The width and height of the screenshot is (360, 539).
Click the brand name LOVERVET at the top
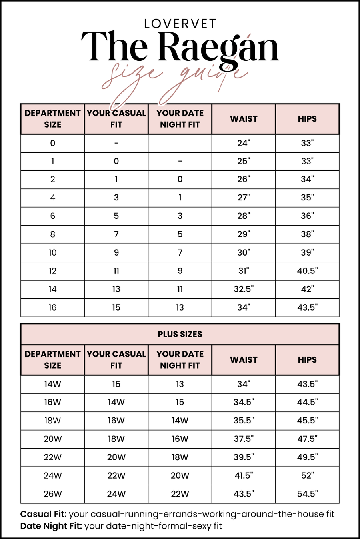click(180, 24)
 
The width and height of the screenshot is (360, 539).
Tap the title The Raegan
click(180, 47)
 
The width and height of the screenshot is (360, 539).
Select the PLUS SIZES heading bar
click(180, 334)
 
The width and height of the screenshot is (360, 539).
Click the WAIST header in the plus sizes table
click(244, 360)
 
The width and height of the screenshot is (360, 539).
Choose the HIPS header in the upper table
click(307, 119)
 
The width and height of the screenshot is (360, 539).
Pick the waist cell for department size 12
click(244, 271)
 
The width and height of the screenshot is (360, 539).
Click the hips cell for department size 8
click(307, 234)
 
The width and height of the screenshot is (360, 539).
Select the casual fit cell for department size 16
click(116, 307)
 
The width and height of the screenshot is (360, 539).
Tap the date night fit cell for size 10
click(180, 252)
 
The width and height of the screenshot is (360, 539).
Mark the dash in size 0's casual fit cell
click(116, 143)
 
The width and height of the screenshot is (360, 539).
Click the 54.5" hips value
click(307, 494)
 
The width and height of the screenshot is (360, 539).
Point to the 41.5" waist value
click(244, 475)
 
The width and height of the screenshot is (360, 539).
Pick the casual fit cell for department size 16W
click(116, 402)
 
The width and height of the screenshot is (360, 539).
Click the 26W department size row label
click(52, 494)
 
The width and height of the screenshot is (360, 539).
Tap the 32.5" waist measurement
click(244, 289)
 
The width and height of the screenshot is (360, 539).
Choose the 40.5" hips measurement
click(307, 271)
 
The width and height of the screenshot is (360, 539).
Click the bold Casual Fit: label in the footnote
click(43, 514)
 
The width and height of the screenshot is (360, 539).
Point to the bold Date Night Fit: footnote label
click(51, 526)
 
